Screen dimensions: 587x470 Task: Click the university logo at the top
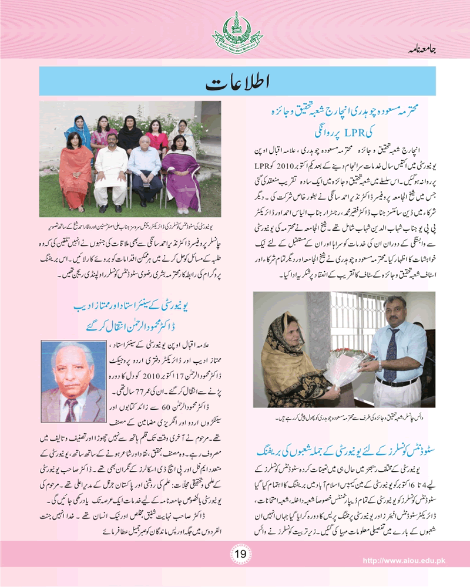click(234, 32)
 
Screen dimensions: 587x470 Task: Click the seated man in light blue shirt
click(145, 170)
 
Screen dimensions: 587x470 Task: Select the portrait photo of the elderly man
click(72, 382)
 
